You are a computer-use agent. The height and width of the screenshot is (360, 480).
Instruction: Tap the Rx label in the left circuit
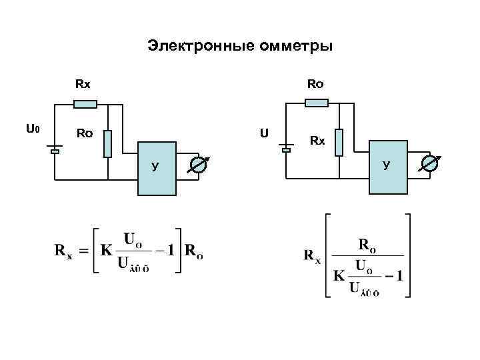tap(83, 85)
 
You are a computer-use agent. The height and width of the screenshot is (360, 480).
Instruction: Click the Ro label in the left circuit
tap(84, 133)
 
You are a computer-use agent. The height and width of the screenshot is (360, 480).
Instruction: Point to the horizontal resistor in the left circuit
tap(85, 104)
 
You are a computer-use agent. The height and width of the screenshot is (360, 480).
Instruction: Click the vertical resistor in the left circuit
tap(108, 143)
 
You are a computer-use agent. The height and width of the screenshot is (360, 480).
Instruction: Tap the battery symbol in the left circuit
tap(55, 149)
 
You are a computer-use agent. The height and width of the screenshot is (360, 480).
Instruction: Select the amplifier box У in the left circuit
tap(157, 168)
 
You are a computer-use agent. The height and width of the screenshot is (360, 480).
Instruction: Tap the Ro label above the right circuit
tap(315, 85)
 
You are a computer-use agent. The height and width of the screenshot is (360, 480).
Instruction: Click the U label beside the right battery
tap(265, 133)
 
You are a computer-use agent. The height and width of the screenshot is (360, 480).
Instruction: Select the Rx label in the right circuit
tap(317, 141)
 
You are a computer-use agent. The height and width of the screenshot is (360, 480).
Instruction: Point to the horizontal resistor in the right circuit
tap(317, 103)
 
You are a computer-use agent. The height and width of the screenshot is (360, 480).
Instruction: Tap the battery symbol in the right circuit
tap(286, 148)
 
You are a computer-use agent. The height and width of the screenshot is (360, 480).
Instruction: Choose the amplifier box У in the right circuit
tap(387, 167)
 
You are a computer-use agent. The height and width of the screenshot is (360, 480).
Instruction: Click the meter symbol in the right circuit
tap(430, 163)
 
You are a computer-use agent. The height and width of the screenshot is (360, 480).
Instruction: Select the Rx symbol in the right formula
tap(313, 256)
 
